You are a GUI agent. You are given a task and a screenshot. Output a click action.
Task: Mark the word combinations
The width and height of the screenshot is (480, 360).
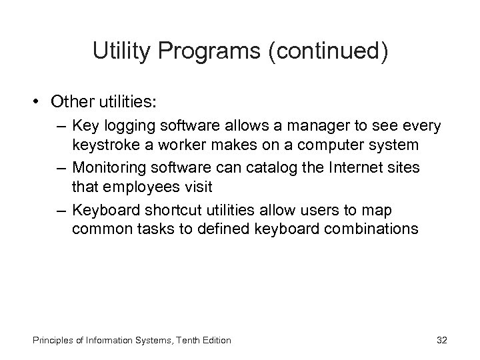pos(377,229)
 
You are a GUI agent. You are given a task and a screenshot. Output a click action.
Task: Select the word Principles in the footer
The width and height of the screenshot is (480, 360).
pos(47,341)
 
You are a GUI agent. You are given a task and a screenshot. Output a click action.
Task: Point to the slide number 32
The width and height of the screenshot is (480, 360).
pos(441,341)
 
